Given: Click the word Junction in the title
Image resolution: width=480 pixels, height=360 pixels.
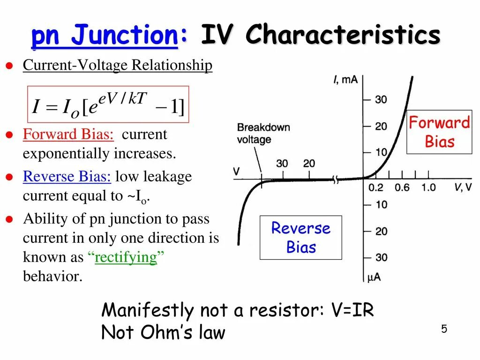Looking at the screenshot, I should (x=126, y=36).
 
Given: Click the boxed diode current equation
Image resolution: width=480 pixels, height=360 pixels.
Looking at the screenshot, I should (x=108, y=105).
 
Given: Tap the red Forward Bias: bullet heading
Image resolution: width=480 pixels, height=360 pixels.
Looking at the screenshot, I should (x=68, y=135).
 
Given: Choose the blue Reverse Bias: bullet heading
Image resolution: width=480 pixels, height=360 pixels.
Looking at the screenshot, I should (x=67, y=177).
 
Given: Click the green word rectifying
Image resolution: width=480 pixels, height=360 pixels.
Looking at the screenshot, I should (x=126, y=257).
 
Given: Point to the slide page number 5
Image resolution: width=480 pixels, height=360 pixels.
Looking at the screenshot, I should (x=444, y=329).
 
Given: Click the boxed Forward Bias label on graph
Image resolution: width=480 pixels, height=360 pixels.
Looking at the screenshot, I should (x=439, y=132).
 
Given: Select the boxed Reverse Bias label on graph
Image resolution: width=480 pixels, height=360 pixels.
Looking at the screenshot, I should (x=300, y=237).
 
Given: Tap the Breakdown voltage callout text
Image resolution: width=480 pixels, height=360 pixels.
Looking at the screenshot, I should (x=263, y=133).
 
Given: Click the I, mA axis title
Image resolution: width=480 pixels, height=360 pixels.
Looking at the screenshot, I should (x=346, y=80).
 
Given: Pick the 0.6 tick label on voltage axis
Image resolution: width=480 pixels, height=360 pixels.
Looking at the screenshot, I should (x=402, y=188).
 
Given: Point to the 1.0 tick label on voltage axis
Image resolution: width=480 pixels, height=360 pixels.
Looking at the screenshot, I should (x=428, y=188).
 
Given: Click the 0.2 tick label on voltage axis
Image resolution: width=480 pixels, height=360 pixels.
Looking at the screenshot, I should (x=375, y=188).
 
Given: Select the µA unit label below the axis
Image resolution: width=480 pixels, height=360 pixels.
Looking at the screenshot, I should (x=374, y=277).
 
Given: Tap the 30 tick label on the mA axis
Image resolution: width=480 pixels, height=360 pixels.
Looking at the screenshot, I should (x=381, y=99).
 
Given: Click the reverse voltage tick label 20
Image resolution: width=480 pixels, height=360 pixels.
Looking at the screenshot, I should (x=309, y=164).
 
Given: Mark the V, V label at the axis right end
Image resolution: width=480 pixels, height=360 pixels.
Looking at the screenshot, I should (x=463, y=188).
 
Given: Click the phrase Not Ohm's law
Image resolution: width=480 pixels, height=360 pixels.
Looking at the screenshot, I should (x=163, y=333).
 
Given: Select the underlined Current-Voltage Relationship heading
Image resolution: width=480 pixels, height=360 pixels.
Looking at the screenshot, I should (x=118, y=65).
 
